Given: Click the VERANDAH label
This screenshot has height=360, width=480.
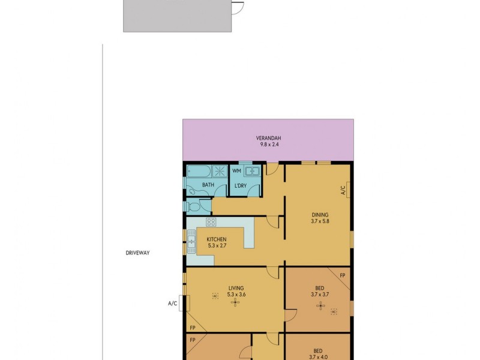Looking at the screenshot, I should (x=268, y=137).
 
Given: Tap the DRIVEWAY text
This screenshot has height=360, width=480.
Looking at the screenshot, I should (x=137, y=253).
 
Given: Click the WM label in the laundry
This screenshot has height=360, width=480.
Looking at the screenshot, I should (x=236, y=172).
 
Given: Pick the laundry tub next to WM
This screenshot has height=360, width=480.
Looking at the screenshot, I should (x=253, y=171).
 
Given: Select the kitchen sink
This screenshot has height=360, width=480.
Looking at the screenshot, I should (x=191, y=243).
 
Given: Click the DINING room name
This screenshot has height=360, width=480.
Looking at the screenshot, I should (x=320, y=214).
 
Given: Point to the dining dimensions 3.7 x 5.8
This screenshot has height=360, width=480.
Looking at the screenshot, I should (x=320, y=221).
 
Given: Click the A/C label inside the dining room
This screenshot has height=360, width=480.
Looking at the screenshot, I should (x=343, y=190).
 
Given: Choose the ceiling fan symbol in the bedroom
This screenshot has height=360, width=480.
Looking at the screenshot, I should (x=320, y=308).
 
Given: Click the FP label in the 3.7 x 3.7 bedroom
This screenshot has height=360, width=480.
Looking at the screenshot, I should (x=343, y=275).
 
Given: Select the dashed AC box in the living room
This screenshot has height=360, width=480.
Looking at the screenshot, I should (x=215, y=296).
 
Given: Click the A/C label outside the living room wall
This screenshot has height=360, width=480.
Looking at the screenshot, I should (x=173, y=304).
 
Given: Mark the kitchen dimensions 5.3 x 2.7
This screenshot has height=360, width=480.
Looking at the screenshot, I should (x=217, y=245).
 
